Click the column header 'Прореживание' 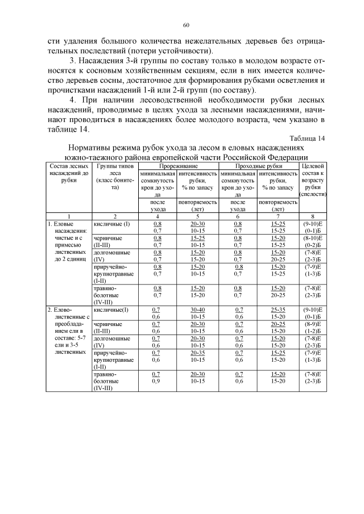click(x=176, y=165)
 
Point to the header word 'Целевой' click(x=312, y=165)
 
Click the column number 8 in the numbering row click(x=312, y=216)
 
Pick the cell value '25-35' click(x=278, y=310)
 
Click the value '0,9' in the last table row click(x=156, y=381)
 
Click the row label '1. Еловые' click(x=60, y=224)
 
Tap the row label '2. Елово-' click(x=60, y=310)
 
